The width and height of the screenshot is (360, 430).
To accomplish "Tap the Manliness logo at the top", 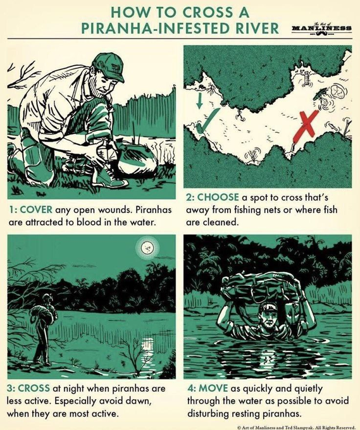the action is tap(321, 28).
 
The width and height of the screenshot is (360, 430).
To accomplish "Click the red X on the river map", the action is tap(306, 125).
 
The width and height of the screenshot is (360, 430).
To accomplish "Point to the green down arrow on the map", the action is tap(200, 101).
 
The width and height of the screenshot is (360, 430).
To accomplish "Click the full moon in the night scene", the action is tap(147, 248).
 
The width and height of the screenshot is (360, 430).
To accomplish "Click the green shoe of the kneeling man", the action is tap(108, 178).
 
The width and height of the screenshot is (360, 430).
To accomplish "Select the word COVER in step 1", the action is tap(36, 210).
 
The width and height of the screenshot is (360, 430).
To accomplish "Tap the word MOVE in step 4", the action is tap(213, 389).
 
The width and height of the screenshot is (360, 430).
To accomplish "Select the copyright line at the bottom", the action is tap(299, 427).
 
